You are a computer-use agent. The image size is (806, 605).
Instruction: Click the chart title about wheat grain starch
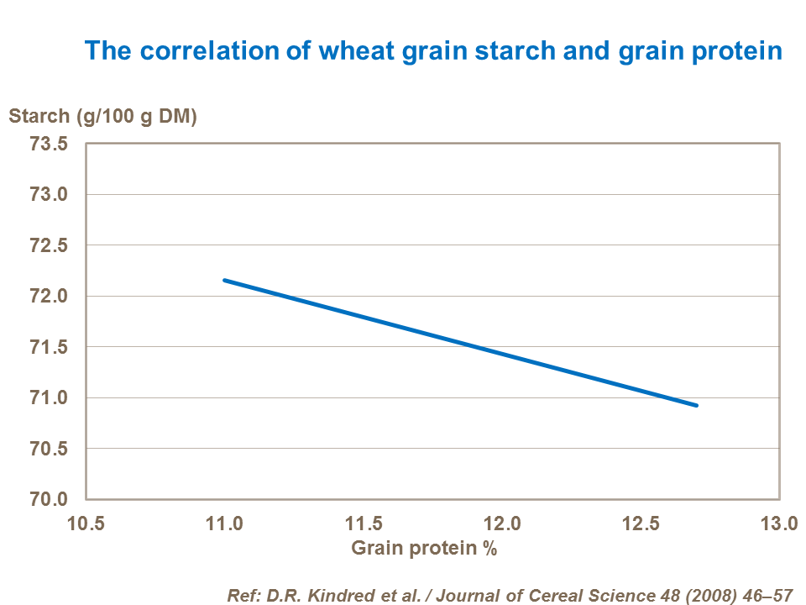[x=433, y=52]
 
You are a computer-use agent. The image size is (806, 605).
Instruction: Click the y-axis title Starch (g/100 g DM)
[x=102, y=117]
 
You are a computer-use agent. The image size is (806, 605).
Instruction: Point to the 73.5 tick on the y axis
[x=49, y=145]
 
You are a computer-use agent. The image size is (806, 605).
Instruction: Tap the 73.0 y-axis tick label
[x=49, y=195]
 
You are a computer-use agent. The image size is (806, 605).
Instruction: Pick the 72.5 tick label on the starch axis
[x=49, y=245]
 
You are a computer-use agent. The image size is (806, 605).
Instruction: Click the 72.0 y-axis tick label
[x=49, y=297]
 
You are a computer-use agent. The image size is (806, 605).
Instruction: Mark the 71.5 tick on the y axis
[x=49, y=347]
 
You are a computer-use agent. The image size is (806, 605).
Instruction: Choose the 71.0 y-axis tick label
[x=49, y=397]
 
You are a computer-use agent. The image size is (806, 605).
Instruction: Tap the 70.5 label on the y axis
[x=49, y=449]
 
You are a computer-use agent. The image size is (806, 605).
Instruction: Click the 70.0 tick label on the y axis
[x=49, y=499]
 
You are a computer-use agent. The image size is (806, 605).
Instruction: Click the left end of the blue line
[x=224, y=280]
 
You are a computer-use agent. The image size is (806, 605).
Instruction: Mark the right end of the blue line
[x=696, y=405]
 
